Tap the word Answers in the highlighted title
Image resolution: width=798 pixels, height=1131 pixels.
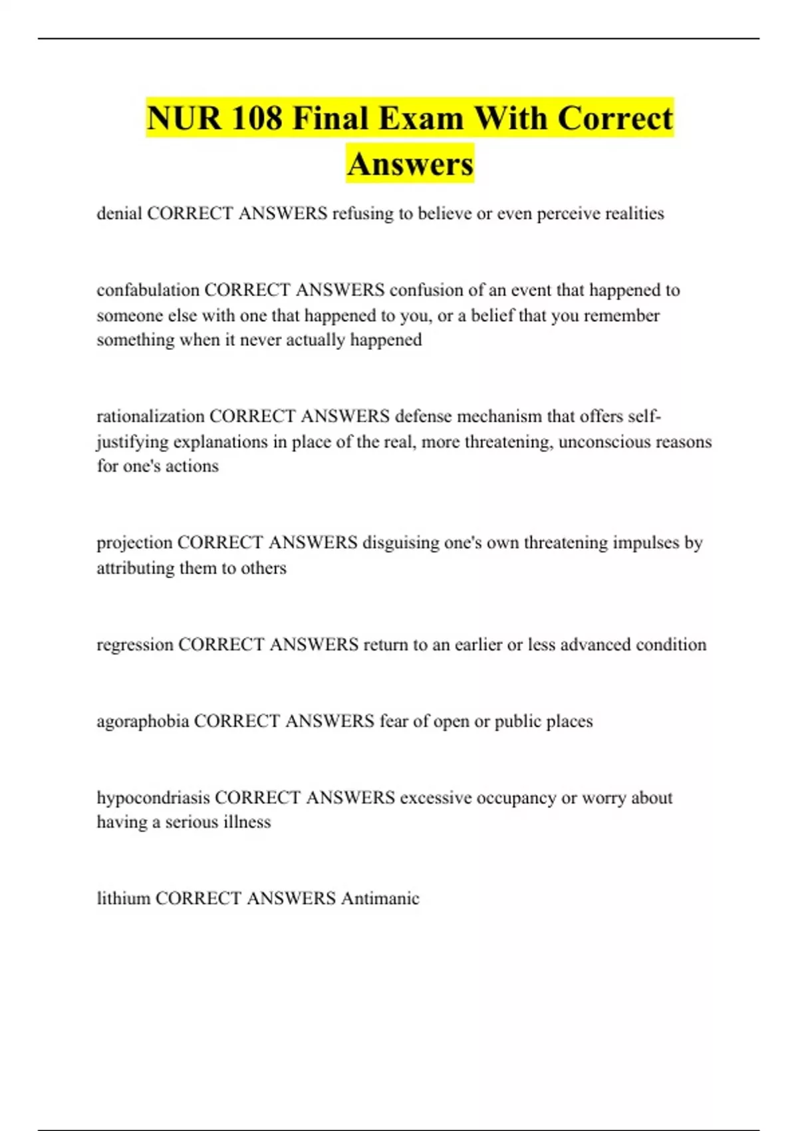pyautogui.click(x=410, y=164)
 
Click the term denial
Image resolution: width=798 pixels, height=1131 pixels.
pyautogui.click(x=119, y=213)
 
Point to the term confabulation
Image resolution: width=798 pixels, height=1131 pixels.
pyautogui.click(x=148, y=290)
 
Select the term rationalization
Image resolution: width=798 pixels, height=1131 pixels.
pyautogui.click(x=150, y=416)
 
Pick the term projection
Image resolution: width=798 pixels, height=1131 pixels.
pyautogui.click(x=134, y=543)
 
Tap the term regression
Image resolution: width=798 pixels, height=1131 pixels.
pyautogui.click(x=135, y=645)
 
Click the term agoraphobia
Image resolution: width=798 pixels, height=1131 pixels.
pyautogui.click(x=143, y=721)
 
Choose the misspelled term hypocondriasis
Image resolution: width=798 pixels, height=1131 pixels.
pyautogui.click(x=153, y=798)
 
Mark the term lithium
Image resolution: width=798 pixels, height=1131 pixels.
pyautogui.click(x=123, y=898)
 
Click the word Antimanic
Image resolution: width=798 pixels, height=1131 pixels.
pyautogui.click(x=380, y=898)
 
